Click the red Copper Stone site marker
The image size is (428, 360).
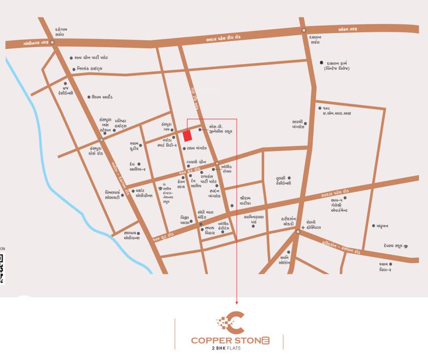188,135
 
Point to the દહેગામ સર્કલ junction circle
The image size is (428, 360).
53,42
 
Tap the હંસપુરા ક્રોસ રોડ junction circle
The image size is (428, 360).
101,140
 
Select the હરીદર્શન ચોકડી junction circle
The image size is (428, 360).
297,232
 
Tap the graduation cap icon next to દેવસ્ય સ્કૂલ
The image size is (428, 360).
405,246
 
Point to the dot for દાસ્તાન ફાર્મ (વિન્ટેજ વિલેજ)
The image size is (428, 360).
322,63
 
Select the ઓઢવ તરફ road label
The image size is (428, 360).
348,30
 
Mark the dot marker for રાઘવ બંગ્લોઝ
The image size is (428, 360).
184,148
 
